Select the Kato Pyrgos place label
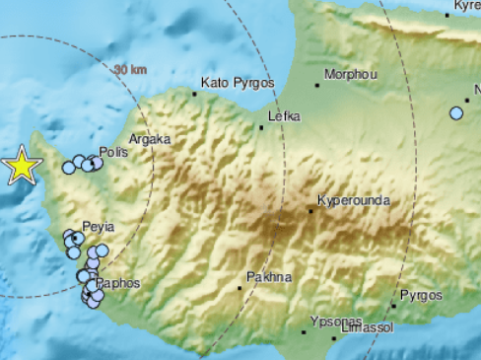point(237,83)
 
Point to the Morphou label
point(350,75)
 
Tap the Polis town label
point(114,154)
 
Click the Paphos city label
point(118,283)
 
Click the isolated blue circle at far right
point(456,113)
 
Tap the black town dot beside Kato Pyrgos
point(195,94)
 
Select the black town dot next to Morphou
point(317,86)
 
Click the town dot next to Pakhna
point(240,288)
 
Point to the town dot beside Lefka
point(260,126)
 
